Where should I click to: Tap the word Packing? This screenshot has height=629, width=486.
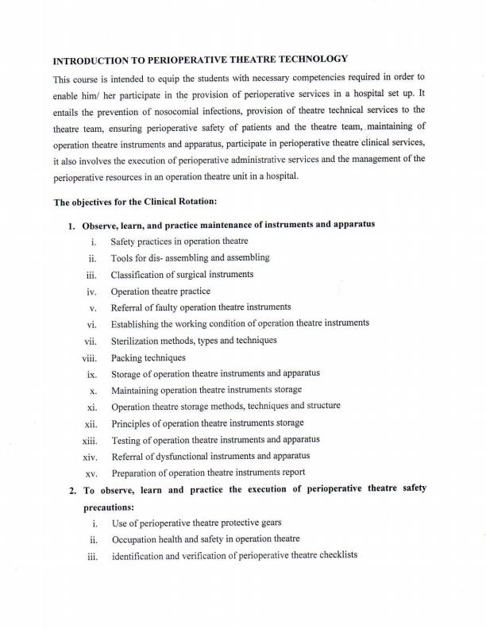127,358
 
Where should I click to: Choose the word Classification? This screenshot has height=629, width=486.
141,275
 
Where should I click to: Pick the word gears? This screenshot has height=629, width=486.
268,523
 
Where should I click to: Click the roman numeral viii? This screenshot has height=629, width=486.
89,358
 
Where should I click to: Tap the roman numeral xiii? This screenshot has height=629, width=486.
89,440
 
